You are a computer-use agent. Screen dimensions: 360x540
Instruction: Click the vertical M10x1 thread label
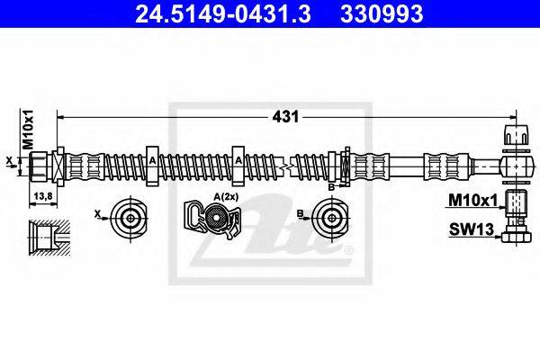(27, 131)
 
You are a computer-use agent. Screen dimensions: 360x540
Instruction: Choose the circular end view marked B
(328, 217)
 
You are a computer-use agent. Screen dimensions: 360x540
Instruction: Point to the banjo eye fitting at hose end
(510, 166)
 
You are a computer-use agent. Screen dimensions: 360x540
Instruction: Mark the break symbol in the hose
(287, 166)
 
